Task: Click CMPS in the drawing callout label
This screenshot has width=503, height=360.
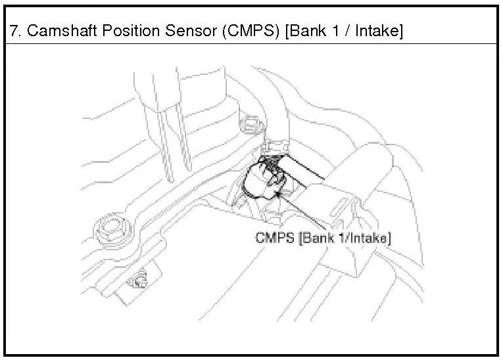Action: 275,237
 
